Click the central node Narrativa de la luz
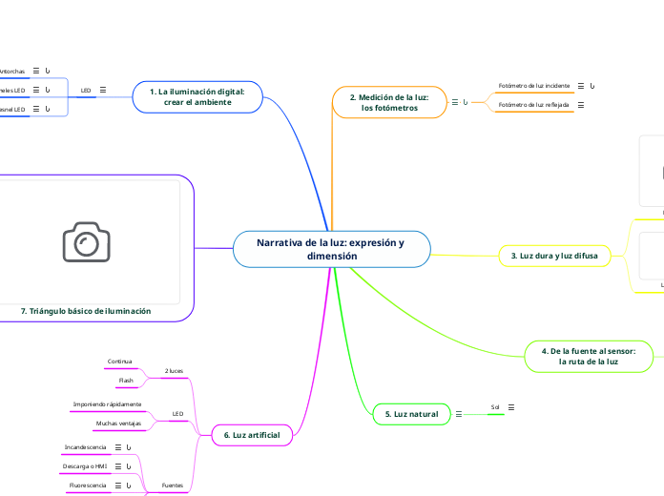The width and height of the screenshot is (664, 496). [330, 249]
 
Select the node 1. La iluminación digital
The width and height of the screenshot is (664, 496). [197, 96]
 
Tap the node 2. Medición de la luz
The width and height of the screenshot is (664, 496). [389, 102]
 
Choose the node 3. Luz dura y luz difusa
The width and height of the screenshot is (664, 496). [553, 256]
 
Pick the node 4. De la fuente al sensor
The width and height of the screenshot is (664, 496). [588, 356]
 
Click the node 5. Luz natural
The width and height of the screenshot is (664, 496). [411, 414]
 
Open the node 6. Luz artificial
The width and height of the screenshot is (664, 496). [251, 435]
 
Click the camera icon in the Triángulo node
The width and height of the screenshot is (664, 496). [87, 242]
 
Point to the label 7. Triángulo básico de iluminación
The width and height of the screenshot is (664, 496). [85, 311]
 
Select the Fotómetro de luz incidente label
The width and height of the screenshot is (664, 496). [534, 85]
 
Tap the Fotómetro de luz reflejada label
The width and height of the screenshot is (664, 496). [534, 104]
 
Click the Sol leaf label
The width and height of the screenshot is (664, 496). [495, 407]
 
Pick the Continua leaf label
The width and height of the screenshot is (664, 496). [120, 362]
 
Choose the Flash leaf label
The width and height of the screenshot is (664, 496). [126, 381]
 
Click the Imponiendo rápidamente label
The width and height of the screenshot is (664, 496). [107, 404]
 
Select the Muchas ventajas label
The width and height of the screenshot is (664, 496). [118, 423]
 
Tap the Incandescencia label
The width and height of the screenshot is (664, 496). [85, 446]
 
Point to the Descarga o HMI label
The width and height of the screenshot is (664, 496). [85, 465]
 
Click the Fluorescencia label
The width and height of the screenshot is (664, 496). [87, 486]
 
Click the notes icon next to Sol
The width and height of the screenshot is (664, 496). [512, 407]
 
